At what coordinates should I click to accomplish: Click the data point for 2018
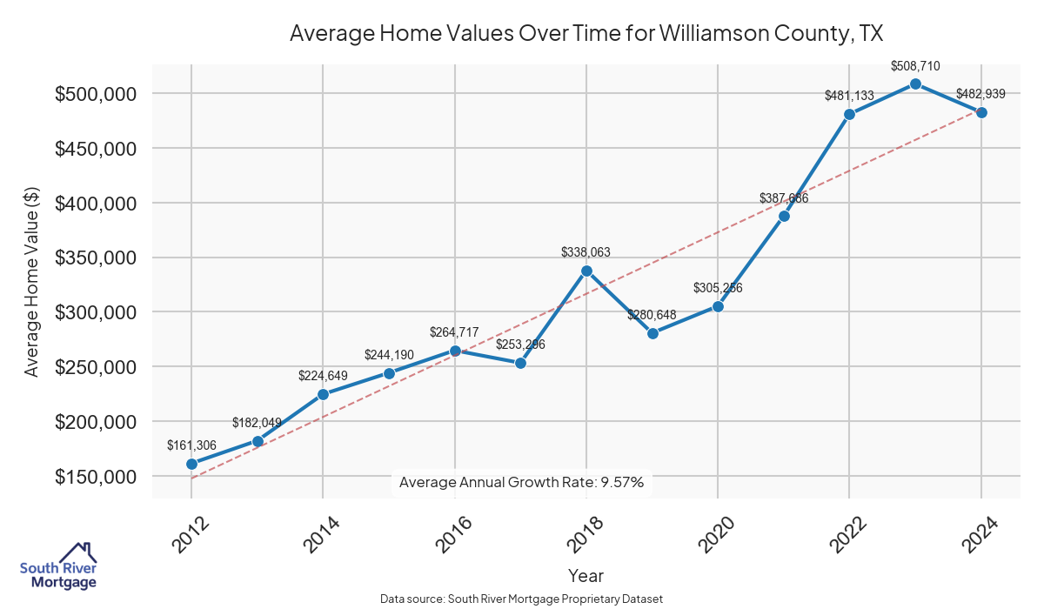(586, 271)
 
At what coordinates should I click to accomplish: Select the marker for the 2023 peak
(915, 84)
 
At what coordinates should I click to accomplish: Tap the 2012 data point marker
(191, 464)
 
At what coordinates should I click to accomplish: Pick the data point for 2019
(652, 333)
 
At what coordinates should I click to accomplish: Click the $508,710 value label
(915, 65)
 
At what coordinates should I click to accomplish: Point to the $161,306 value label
(191, 445)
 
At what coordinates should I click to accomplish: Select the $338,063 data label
(586, 252)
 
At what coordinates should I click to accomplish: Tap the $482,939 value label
(981, 94)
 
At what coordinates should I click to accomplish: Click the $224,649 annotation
(323, 376)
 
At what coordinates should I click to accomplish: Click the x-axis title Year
(586, 575)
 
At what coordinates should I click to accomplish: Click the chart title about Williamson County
(586, 34)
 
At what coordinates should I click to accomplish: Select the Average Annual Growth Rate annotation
(521, 482)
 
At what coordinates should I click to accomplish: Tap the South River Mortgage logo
(58, 566)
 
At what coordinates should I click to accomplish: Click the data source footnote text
(521, 599)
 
